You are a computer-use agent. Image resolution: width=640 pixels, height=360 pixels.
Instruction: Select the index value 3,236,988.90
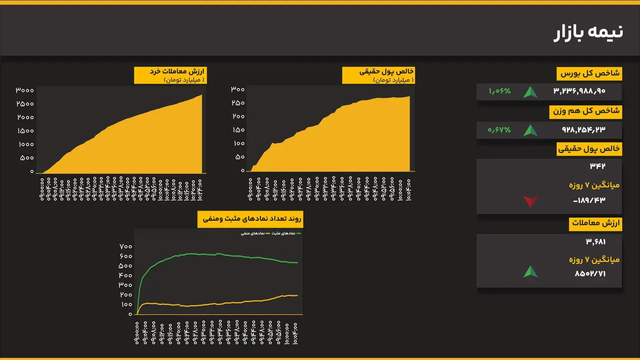pos(579,92)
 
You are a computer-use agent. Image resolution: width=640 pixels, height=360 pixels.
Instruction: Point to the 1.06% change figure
pos(500,92)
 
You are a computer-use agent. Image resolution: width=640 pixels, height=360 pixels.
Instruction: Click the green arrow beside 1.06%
pos(530,92)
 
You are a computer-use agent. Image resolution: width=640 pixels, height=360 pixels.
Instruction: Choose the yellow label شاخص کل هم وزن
pos(586,112)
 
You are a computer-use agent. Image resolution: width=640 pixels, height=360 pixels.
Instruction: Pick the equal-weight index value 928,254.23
pos(583,130)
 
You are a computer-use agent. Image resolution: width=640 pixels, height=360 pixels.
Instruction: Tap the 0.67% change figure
pos(499,130)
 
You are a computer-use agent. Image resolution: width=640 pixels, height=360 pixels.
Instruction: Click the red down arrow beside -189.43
pos(530,201)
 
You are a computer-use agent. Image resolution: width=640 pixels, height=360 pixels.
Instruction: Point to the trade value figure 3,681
pos(596,242)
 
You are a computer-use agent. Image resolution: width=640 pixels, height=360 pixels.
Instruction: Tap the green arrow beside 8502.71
pos(530,272)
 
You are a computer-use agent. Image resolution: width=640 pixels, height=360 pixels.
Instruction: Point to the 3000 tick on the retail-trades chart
pos(24,91)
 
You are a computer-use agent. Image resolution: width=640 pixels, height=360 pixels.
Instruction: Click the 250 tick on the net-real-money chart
pos(238,103)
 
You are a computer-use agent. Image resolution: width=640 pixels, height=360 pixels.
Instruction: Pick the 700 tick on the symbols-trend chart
pos(126,246)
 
